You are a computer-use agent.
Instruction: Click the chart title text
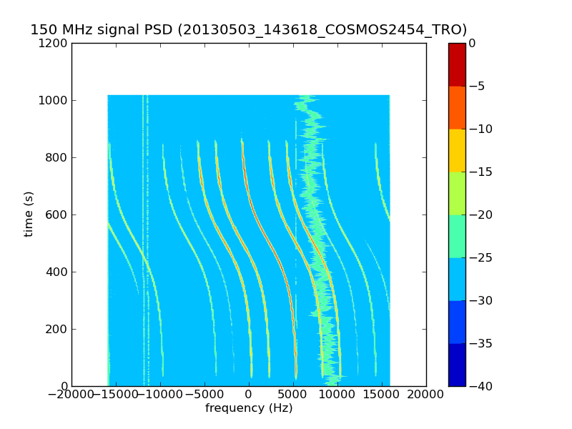(248, 30)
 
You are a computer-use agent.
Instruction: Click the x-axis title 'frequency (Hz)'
(249, 408)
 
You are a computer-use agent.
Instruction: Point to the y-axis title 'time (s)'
(29, 214)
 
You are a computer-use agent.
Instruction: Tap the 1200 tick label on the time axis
(54, 43)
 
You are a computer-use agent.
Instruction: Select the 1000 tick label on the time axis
(54, 100)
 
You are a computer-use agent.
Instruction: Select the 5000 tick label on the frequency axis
(293, 395)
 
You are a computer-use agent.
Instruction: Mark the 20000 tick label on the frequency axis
(426, 395)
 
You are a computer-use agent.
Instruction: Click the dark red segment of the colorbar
(457, 64)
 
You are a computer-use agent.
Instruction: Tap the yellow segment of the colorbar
(457, 150)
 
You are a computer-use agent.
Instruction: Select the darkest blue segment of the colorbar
(457, 365)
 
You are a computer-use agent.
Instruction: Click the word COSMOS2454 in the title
(368, 30)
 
